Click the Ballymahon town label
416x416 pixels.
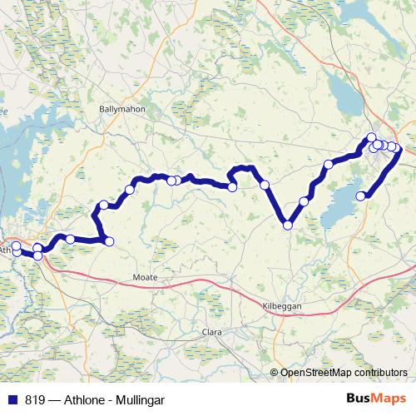pyautogui.click(x=121, y=108)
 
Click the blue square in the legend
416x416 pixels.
pyautogui.click(x=12, y=399)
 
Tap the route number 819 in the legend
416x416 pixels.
pyautogui.click(x=36, y=399)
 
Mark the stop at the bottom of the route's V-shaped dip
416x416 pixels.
pyautogui.click(x=288, y=225)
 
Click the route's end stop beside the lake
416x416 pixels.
pyautogui.click(x=361, y=196)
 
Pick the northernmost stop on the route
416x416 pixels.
pyautogui.click(x=371, y=137)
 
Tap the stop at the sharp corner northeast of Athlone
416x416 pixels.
pyautogui.click(x=108, y=241)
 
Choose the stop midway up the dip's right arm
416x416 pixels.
pyautogui.click(x=304, y=201)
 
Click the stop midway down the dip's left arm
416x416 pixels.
pyautogui.click(x=265, y=185)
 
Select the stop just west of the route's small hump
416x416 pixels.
pyautogui.click(x=232, y=186)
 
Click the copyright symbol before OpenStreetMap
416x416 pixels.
pyautogui.click(x=275, y=373)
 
